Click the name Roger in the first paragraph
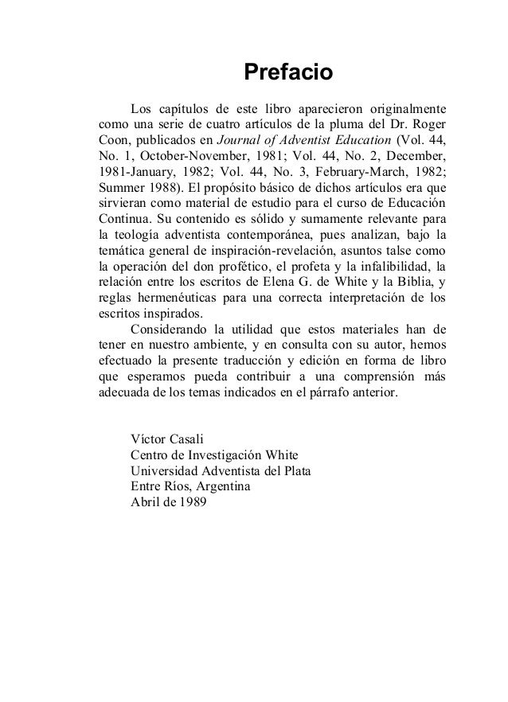coord(426,124)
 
